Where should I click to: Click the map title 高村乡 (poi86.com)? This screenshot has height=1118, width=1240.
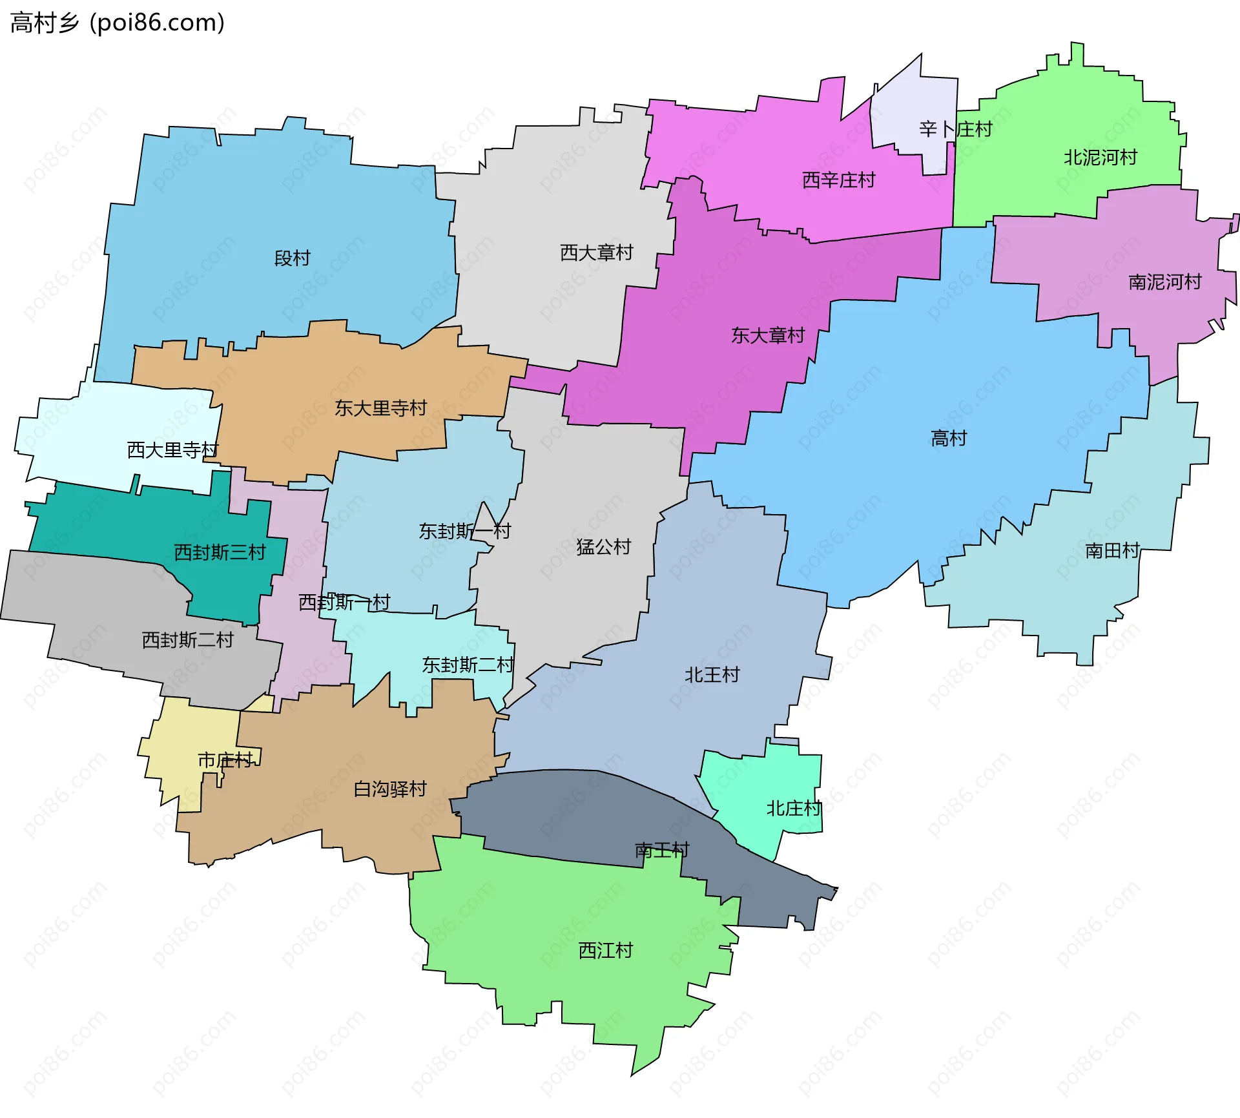(118, 23)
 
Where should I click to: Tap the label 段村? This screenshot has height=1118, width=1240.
(292, 258)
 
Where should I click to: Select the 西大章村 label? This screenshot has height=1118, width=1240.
(596, 253)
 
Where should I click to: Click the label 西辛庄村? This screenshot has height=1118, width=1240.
(838, 180)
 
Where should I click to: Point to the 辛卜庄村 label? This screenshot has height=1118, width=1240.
(955, 129)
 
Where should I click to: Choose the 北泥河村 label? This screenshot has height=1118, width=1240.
(1100, 158)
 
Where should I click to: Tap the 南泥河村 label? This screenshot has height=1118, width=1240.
(1164, 282)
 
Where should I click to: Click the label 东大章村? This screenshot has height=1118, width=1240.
(767, 335)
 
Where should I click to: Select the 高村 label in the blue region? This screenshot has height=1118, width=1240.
(948, 439)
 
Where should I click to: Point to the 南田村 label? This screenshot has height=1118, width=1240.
(1112, 551)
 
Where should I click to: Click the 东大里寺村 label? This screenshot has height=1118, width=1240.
(380, 408)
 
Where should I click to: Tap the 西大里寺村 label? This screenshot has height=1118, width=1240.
(172, 450)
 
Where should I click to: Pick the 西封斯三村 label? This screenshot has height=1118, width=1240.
(220, 552)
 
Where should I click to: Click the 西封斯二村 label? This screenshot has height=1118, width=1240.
(187, 640)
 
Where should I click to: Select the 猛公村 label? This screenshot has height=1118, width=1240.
(603, 547)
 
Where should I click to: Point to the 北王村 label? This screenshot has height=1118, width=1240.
(712, 675)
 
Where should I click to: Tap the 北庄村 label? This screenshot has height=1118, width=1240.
(793, 809)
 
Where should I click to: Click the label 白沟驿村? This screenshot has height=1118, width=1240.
(390, 789)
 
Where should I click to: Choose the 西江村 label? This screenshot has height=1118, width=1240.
(605, 951)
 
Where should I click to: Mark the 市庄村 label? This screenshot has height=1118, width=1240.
(225, 760)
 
